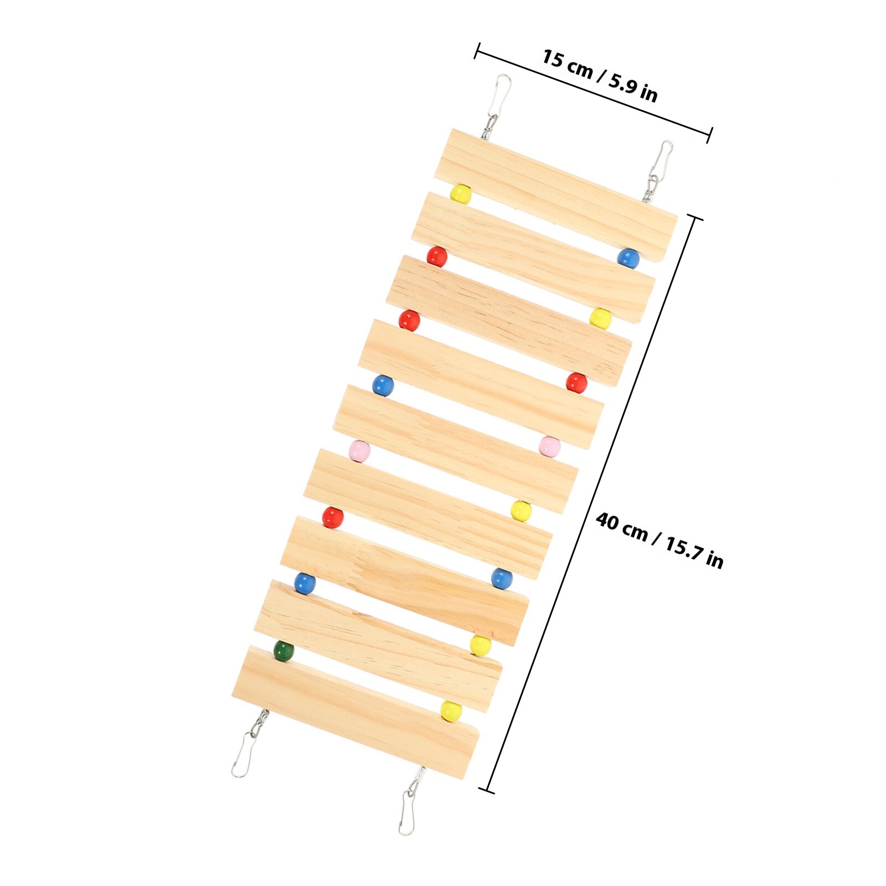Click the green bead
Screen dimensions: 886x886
pyautogui.click(x=284, y=651)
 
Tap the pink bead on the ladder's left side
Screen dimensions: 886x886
pyautogui.click(x=359, y=451)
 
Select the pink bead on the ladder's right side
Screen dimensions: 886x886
pyautogui.click(x=550, y=446)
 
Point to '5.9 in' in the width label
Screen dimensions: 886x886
pyautogui.click(x=633, y=87)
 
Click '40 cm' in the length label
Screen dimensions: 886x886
pyautogui.click(x=621, y=526)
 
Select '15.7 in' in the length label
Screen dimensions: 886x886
pyautogui.click(x=694, y=553)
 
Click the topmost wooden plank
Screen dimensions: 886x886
pyautogui.click(x=556, y=195)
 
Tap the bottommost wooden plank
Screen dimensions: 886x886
pyautogui.click(x=356, y=712)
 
